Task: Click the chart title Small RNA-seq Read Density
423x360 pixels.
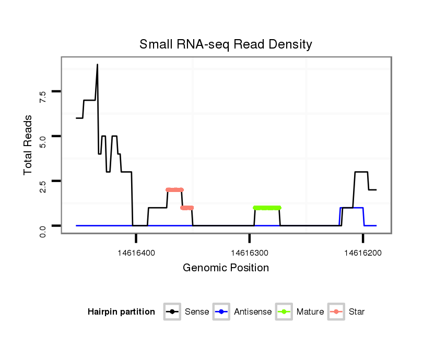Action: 226,44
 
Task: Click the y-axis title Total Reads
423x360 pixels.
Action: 29,145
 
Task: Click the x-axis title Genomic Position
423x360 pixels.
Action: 226,268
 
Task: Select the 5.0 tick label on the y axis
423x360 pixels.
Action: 43,140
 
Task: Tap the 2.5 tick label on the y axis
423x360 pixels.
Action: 43,185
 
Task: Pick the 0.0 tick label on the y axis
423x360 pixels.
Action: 43,230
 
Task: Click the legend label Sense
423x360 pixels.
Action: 197,312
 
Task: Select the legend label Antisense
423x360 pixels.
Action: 253,312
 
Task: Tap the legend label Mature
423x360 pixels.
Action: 310,312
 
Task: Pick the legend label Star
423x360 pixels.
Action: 357,312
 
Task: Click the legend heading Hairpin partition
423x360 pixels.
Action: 121,312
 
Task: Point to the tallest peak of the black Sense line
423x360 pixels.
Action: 97,65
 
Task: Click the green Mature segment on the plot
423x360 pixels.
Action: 267,208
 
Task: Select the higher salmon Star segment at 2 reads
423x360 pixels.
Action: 175,190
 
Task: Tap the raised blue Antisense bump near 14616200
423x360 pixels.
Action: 352,208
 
